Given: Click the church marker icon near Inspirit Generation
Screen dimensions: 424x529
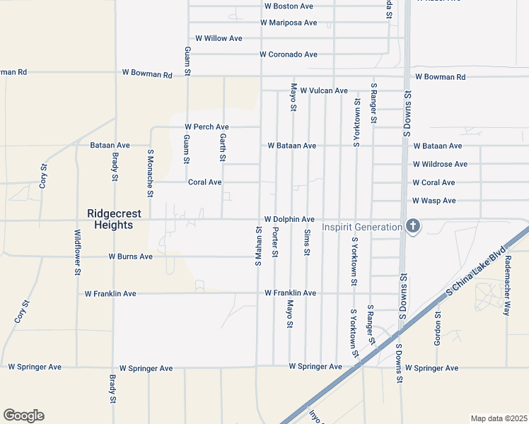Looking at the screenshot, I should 414,226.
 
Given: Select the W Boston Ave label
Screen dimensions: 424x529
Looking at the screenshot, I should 289,6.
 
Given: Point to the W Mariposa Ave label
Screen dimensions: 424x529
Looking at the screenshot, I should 289,23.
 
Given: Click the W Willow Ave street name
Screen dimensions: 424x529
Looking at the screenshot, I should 219,38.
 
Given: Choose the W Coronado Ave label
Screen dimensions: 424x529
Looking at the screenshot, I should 288,54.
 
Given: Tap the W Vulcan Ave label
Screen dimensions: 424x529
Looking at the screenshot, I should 324,90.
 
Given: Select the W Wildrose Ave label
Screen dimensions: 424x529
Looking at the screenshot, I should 440,164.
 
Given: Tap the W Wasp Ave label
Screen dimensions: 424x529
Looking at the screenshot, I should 434,201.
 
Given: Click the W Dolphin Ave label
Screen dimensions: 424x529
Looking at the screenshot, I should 289,220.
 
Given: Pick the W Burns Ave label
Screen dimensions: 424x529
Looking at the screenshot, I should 130,257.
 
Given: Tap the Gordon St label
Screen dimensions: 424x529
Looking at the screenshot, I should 438,329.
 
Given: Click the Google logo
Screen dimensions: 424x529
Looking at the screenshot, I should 23,416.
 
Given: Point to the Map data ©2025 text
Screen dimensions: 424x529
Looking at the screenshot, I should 499,418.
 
